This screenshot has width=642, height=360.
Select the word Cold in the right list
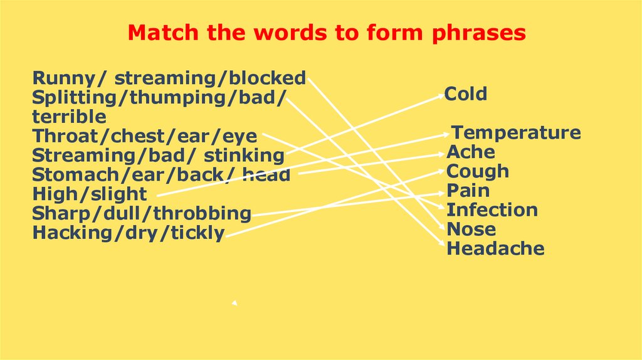coord(466,94)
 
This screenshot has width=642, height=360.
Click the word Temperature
coord(517,133)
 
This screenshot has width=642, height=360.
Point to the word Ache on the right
coord(470,152)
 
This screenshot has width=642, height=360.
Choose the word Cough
coord(477,171)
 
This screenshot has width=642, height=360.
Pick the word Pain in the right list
coord(468,191)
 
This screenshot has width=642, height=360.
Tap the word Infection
coord(492,210)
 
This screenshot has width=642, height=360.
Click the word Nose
coord(471,230)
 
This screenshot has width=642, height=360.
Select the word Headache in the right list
coord(495,248)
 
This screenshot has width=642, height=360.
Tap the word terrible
coord(69,117)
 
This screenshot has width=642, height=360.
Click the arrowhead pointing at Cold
coord(441,95)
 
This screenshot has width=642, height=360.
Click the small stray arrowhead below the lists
coord(234,303)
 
